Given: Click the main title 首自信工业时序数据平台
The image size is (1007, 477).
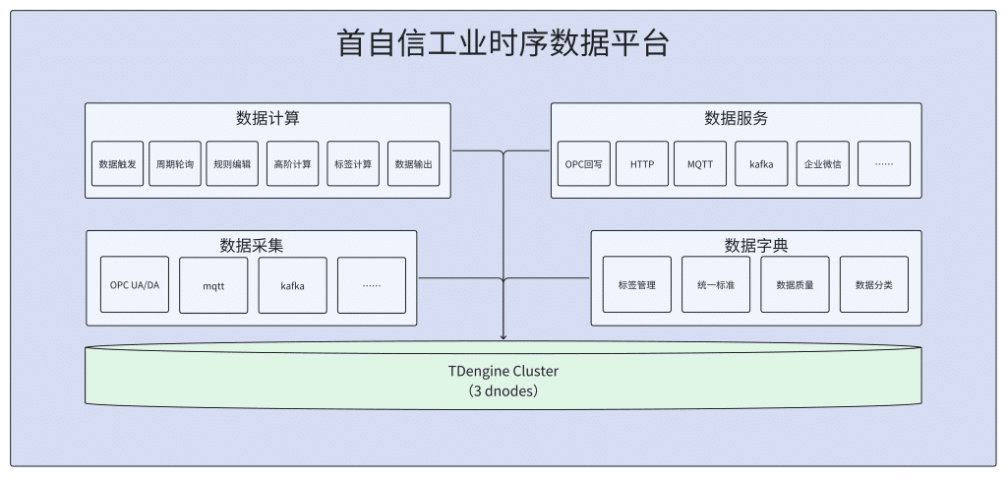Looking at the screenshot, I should click(x=503, y=44).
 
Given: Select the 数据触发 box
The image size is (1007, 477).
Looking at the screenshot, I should click(x=116, y=164).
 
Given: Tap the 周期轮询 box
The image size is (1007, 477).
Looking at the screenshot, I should click(x=175, y=164).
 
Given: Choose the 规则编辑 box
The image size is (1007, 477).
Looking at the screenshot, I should click(x=232, y=164).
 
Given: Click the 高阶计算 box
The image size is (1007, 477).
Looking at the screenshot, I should click(x=292, y=164).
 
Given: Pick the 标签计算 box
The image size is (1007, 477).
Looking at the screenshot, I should click(x=353, y=164).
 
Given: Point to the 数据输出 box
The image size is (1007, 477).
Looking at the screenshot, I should click(x=413, y=164).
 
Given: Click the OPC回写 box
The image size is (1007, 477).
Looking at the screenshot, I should click(x=583, y=164).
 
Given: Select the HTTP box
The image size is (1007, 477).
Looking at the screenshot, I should click(x=642, y=164).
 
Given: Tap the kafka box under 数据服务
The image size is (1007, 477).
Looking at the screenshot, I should click(x=761, y=164).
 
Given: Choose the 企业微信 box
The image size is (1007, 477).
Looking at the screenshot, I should click(x=822, y=164).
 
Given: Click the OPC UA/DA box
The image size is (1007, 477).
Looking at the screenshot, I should click(x=135, y=285).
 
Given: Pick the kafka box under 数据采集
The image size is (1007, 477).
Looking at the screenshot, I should click(x=292, y=285).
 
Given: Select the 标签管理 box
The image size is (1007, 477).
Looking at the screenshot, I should click(x=636, y=285).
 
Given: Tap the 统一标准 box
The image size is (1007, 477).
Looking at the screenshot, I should click(x=716, y=285).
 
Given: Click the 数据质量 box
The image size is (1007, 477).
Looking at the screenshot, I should click(x=795, y=285).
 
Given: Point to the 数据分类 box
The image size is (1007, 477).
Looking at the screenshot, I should click(x=874, y=285).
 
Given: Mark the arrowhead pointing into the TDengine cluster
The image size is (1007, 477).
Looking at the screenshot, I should click(x=503, y=336).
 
